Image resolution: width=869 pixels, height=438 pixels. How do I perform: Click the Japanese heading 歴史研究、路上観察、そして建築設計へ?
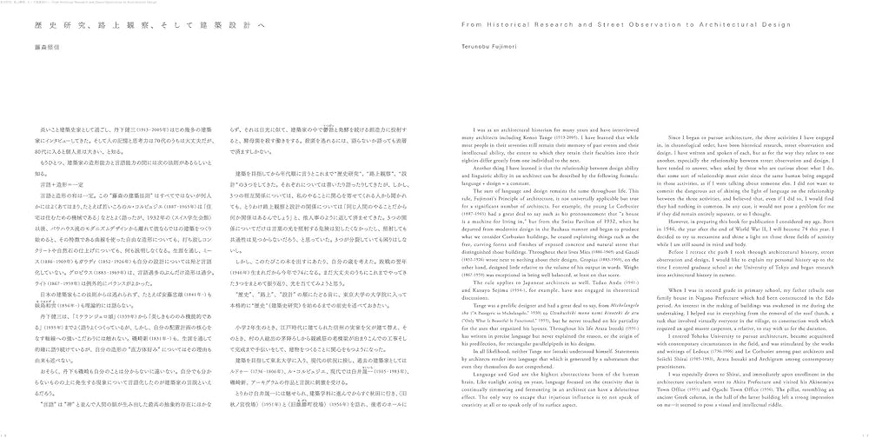113,24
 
